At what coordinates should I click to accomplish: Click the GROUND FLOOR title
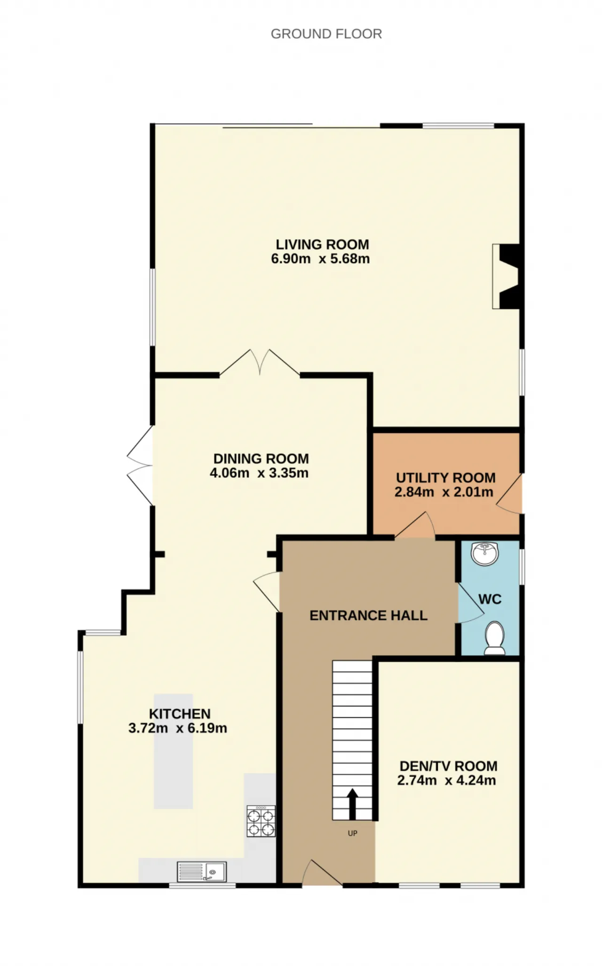coord(326,34)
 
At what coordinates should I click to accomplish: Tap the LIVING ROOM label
coord(322,245)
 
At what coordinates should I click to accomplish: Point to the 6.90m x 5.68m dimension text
coord(320,259)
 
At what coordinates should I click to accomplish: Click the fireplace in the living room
coord(506,276)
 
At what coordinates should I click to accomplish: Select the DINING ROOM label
coord(261,459)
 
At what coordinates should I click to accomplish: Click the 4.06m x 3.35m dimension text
coord(259,473)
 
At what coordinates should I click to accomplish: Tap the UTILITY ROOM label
coord(445,478)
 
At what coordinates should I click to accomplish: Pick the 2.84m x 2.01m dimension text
coord(444,492)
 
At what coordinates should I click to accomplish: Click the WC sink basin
coord(485,554)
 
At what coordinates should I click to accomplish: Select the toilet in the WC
coord(494,638)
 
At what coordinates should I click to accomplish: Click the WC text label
coord(490,599)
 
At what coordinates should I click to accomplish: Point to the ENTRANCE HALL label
coord(368,616)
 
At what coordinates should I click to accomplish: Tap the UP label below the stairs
coord(352,833)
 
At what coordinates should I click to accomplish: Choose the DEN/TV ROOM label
coord(448,766)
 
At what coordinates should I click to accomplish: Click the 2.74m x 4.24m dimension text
coord(446,780)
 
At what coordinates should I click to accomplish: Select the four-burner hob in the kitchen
coord(261,821)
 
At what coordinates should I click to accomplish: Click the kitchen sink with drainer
coord(202,871)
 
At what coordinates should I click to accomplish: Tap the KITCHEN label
coord(180,714)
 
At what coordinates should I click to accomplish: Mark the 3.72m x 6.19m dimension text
coord(178,728)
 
